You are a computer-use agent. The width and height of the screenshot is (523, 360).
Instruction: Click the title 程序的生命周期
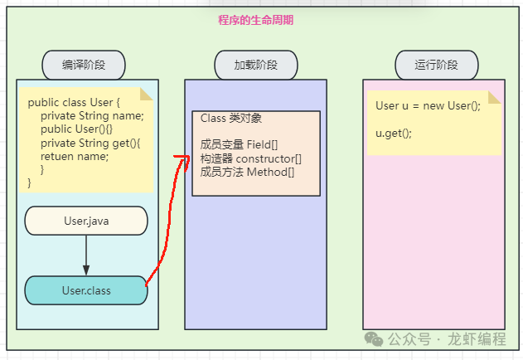click(255, 20)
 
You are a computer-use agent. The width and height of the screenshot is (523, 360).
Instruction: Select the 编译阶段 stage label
click(84, 64)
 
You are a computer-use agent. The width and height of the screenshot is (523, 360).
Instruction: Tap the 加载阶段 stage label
click(256, 64)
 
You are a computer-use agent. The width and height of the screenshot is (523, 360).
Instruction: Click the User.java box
click(86, 221)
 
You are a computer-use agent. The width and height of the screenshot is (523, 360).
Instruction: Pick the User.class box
click(86, 290)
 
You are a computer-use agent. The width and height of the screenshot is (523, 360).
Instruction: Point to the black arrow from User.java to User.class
click(86, 255)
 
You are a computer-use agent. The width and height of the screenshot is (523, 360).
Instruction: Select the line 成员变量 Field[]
click(239, 144)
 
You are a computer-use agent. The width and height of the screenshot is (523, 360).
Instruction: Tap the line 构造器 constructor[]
click(251, 158)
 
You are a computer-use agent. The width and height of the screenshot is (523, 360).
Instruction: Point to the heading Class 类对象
click(231, 119)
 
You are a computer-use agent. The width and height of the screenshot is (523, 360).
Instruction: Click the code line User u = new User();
click(428, 105)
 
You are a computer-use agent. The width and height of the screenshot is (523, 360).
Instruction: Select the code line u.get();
click(394, 133)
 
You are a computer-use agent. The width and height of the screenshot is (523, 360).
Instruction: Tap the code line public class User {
click(75, 102)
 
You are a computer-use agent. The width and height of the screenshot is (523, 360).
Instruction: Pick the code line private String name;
click(92, 115)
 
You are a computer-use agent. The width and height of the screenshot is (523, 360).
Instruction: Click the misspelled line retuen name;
click(75, 156)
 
